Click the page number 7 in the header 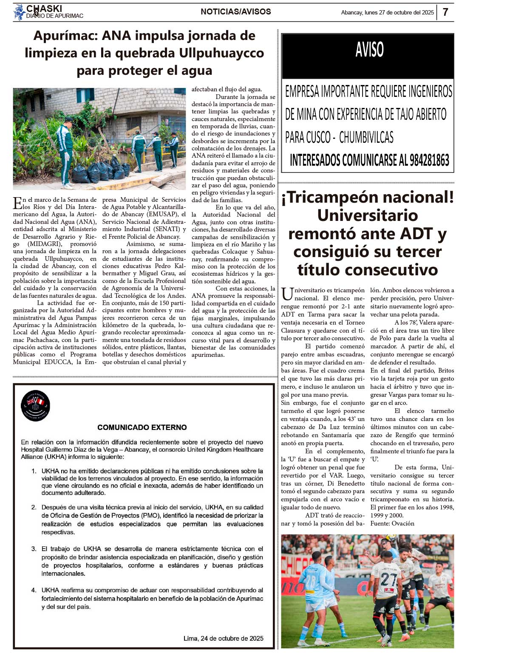[445, 12]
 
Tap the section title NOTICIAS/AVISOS [235, 12]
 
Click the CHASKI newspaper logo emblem [19, 12]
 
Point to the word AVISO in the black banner [369, 50]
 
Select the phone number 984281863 [429, 160]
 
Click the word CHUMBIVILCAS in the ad [366, 137]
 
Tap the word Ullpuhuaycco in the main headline [221, 53]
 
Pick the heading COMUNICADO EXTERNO [142, 427]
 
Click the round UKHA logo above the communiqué [35, 406]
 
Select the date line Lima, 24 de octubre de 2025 [223, 638]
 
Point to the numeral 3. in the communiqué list [34, 549]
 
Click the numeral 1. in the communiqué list [34, 471]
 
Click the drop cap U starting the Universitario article [287, 294]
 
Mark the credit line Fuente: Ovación [392, 523]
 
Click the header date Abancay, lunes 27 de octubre [387, 12]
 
